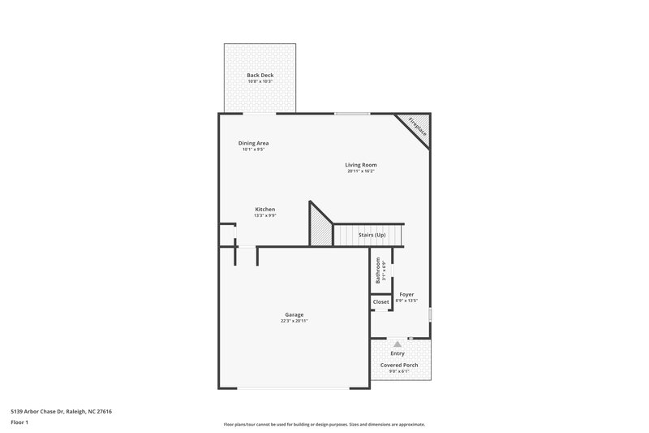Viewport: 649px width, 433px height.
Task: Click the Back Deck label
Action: [260, 75]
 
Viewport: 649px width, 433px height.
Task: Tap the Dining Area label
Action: [254, 143]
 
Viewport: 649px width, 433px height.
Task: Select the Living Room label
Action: [361, 165]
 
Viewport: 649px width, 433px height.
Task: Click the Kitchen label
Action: [265, 209]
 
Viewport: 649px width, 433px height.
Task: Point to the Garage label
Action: [294, 314]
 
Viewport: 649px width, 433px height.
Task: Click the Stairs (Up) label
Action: [372, 235]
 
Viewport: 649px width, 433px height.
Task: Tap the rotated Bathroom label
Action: [378, 270]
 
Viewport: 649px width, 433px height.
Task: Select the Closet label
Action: [380, 301]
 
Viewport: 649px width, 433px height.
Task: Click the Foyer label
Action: [406, 294]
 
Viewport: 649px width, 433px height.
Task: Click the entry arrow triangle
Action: [398, 344]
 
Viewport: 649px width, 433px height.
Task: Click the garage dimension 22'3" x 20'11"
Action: [294, 321]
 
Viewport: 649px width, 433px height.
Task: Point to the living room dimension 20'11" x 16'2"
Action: [361, 171]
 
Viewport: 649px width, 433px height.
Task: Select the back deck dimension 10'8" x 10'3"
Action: [260, 81]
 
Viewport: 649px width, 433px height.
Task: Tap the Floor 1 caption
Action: [19, 422]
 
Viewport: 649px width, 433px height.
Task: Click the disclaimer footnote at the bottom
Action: [324, 424]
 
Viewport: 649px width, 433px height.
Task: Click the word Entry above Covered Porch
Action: [398, 353]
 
